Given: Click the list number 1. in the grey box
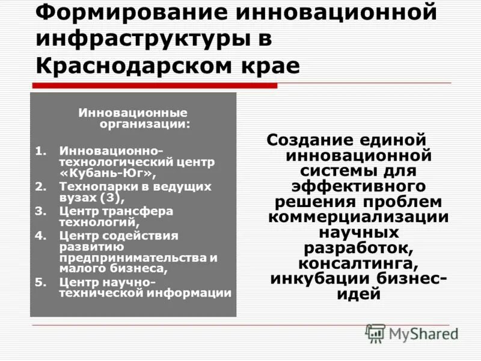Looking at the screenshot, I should (40, 150).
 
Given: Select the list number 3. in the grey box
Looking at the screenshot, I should (40, 211).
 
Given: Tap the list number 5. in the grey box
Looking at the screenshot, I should (40, 282).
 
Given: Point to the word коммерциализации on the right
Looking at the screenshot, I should (359, 217).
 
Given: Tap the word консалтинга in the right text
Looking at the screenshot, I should (358, 264).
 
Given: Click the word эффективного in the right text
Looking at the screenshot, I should (359, 187).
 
